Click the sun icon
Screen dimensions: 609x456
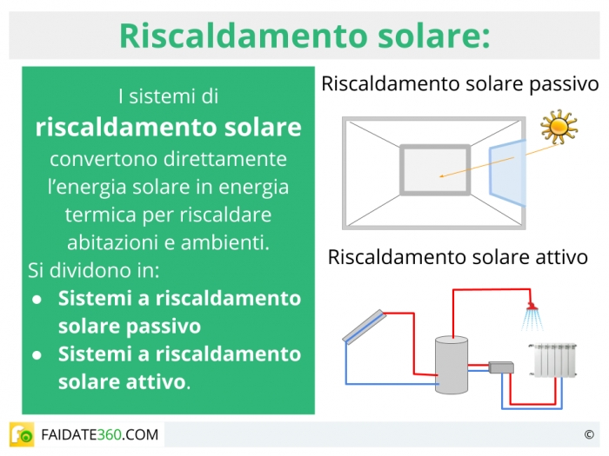click(559, 127)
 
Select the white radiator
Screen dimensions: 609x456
click(553, 360)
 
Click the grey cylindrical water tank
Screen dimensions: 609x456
click(452, 365)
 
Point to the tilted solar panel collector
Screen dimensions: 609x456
click(365, 327)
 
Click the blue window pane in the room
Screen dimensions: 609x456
click(507, 172)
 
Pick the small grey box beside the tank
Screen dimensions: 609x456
click(501, 367)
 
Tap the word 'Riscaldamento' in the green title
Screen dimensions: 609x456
click(244, 36)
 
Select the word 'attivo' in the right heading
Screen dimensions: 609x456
click(562, 257)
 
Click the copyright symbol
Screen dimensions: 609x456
click(589, 434)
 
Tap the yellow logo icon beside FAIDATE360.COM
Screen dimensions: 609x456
click(22, 434)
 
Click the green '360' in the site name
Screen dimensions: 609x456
click(109, 434)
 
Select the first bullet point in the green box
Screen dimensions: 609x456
click(37, 300)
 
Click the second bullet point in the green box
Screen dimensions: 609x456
click(37, 355)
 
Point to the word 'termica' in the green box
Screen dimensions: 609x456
click(100, 215)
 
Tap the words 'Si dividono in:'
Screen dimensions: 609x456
click(94, 270)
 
